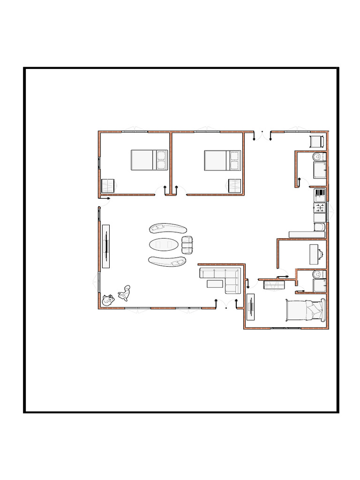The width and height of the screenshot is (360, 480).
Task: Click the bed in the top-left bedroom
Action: tap(149, 160)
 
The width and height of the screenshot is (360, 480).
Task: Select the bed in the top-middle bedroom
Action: tap(222, 160)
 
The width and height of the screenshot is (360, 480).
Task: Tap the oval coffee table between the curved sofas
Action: tap(164, 244)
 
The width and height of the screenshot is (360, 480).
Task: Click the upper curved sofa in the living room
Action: tap(168, 229)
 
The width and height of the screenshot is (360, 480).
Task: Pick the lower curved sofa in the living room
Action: tap(167, 261)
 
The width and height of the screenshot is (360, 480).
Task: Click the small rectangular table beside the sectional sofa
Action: tap(215, 283)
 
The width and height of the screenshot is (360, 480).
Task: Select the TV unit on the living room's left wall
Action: tap(106, 246)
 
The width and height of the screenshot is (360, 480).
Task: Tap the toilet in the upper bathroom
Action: tap(318, 156)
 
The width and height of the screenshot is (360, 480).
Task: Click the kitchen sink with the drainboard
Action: tap(320, 193)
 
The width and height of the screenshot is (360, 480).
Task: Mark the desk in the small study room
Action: tap(314, 254)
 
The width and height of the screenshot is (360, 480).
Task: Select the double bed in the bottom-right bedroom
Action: tap(305, 310)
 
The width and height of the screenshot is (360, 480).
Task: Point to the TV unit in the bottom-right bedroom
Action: tap(250, 307)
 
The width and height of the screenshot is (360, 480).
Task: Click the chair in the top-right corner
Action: tap(316, 141)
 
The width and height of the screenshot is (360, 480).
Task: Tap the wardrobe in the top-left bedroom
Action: tap(108, 186)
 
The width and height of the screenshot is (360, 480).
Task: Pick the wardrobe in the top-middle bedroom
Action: tap(235, 186)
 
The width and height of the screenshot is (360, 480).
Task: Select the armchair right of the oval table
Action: tap(187, 244)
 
